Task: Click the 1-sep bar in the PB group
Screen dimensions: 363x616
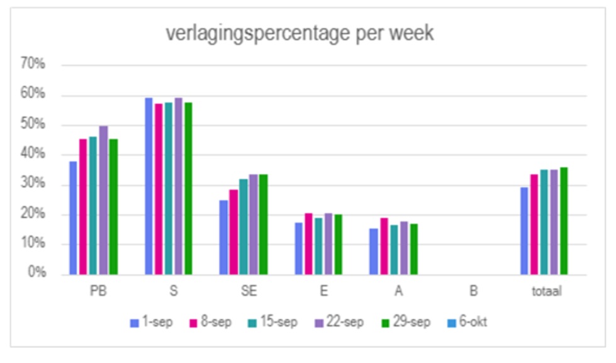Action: pos(73,218)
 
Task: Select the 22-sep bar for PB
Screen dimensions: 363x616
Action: pos(103,200)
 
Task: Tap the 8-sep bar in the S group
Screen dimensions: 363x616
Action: pos(159,189)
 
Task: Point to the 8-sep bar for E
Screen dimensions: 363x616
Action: pos(308,244)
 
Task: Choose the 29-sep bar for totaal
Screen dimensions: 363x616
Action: pos(563,221)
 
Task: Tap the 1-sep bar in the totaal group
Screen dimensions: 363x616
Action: pos(524,231)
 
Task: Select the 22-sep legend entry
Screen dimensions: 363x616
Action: pos(340,323)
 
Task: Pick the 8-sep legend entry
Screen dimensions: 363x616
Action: pos(211,323)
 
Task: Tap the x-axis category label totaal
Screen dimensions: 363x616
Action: pos(546,292)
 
